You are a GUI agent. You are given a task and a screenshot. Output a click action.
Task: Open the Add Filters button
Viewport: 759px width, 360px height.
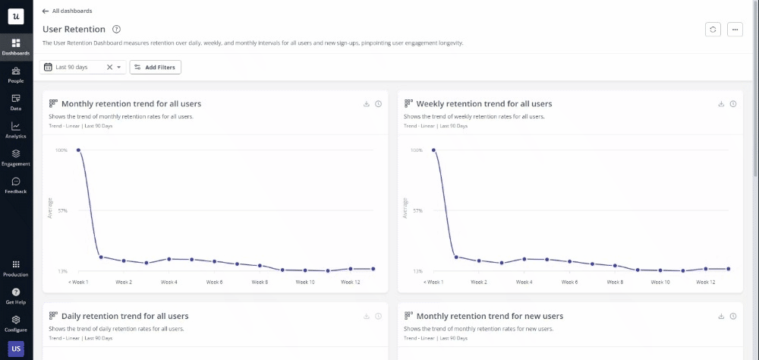pyautogui.click(x=155, y=68)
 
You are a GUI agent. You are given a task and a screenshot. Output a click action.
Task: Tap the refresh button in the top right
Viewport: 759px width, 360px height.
pyautogui.click(x=713, y=29)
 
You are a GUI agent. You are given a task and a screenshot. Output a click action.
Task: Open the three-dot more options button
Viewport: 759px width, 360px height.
pyautogui.click(x=734, y=29)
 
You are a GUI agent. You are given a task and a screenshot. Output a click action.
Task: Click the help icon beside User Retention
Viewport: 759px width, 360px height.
pyautogui.click(x=116, y=29)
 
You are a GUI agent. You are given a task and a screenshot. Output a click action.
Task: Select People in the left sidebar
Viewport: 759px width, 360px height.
pyautogui.click(x=16, y=74)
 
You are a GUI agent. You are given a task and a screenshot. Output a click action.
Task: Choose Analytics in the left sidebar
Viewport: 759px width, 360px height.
pyautogui.click(x=16, y=130)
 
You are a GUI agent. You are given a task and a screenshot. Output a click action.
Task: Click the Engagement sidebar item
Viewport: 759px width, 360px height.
pyautogui.click(x=16, y=157)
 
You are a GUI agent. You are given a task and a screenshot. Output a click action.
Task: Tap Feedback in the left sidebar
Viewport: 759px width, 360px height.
pyautogui.click(x=16, y=185)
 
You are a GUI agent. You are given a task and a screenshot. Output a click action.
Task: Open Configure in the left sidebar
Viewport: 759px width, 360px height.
pyautogui.click(x=16, y=324)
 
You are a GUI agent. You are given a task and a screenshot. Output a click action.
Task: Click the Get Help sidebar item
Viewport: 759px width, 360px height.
pyautogui.click(x=16, y=295)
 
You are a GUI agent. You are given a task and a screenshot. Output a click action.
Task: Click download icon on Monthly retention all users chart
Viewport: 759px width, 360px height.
pyautogui.click(x=367, y=104)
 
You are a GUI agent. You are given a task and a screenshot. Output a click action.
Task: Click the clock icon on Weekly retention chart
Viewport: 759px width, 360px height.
pyautogui.click(x=733, y=104)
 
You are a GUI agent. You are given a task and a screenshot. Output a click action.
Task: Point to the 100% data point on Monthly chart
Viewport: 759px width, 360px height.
pyautogui.click(x=78, y=150)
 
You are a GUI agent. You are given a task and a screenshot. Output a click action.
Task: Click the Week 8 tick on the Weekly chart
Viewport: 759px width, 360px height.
pyautogui.click(x=615, y=282)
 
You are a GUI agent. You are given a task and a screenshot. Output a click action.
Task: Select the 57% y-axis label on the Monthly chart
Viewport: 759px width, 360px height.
pyautogui.click(x=62, y=210)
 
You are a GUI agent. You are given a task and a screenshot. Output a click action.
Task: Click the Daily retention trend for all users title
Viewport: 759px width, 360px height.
pyautogui.click(x=124, y=316)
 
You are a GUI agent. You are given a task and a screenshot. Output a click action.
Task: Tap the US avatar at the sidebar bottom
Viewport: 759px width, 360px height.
pyautogui.click(x=16, y=349)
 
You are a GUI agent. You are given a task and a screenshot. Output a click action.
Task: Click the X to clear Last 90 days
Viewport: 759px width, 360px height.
pyautogui.click(x=109, y=68)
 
